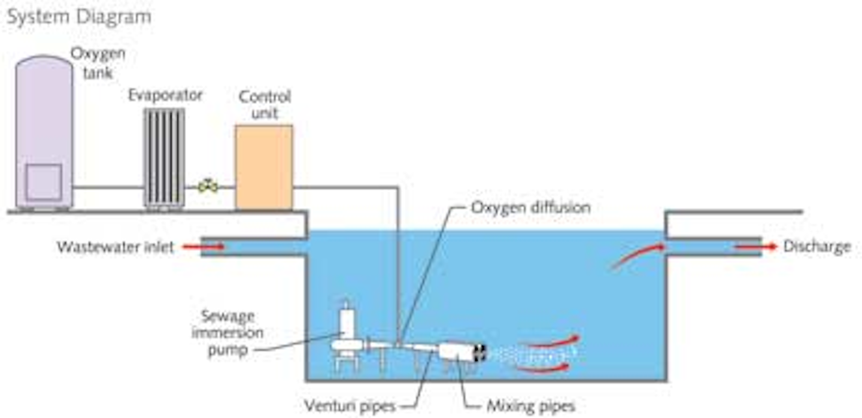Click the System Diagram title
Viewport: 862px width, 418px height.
(78, 17)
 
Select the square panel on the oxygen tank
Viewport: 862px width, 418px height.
(43, 182)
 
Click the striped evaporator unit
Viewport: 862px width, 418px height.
(163, 157)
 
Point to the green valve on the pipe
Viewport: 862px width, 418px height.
(208, 186)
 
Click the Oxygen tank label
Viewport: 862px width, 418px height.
(98, 63)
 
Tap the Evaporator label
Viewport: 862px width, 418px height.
(166, 95)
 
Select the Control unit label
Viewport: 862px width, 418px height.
(264, 104)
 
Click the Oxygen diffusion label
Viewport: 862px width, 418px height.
(530, 207)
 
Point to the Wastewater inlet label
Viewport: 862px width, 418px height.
(115, 247)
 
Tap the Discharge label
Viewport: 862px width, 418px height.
(817, 247)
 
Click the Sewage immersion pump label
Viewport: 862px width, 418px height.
(228, 333)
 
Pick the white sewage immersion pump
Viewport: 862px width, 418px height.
(347, 338)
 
